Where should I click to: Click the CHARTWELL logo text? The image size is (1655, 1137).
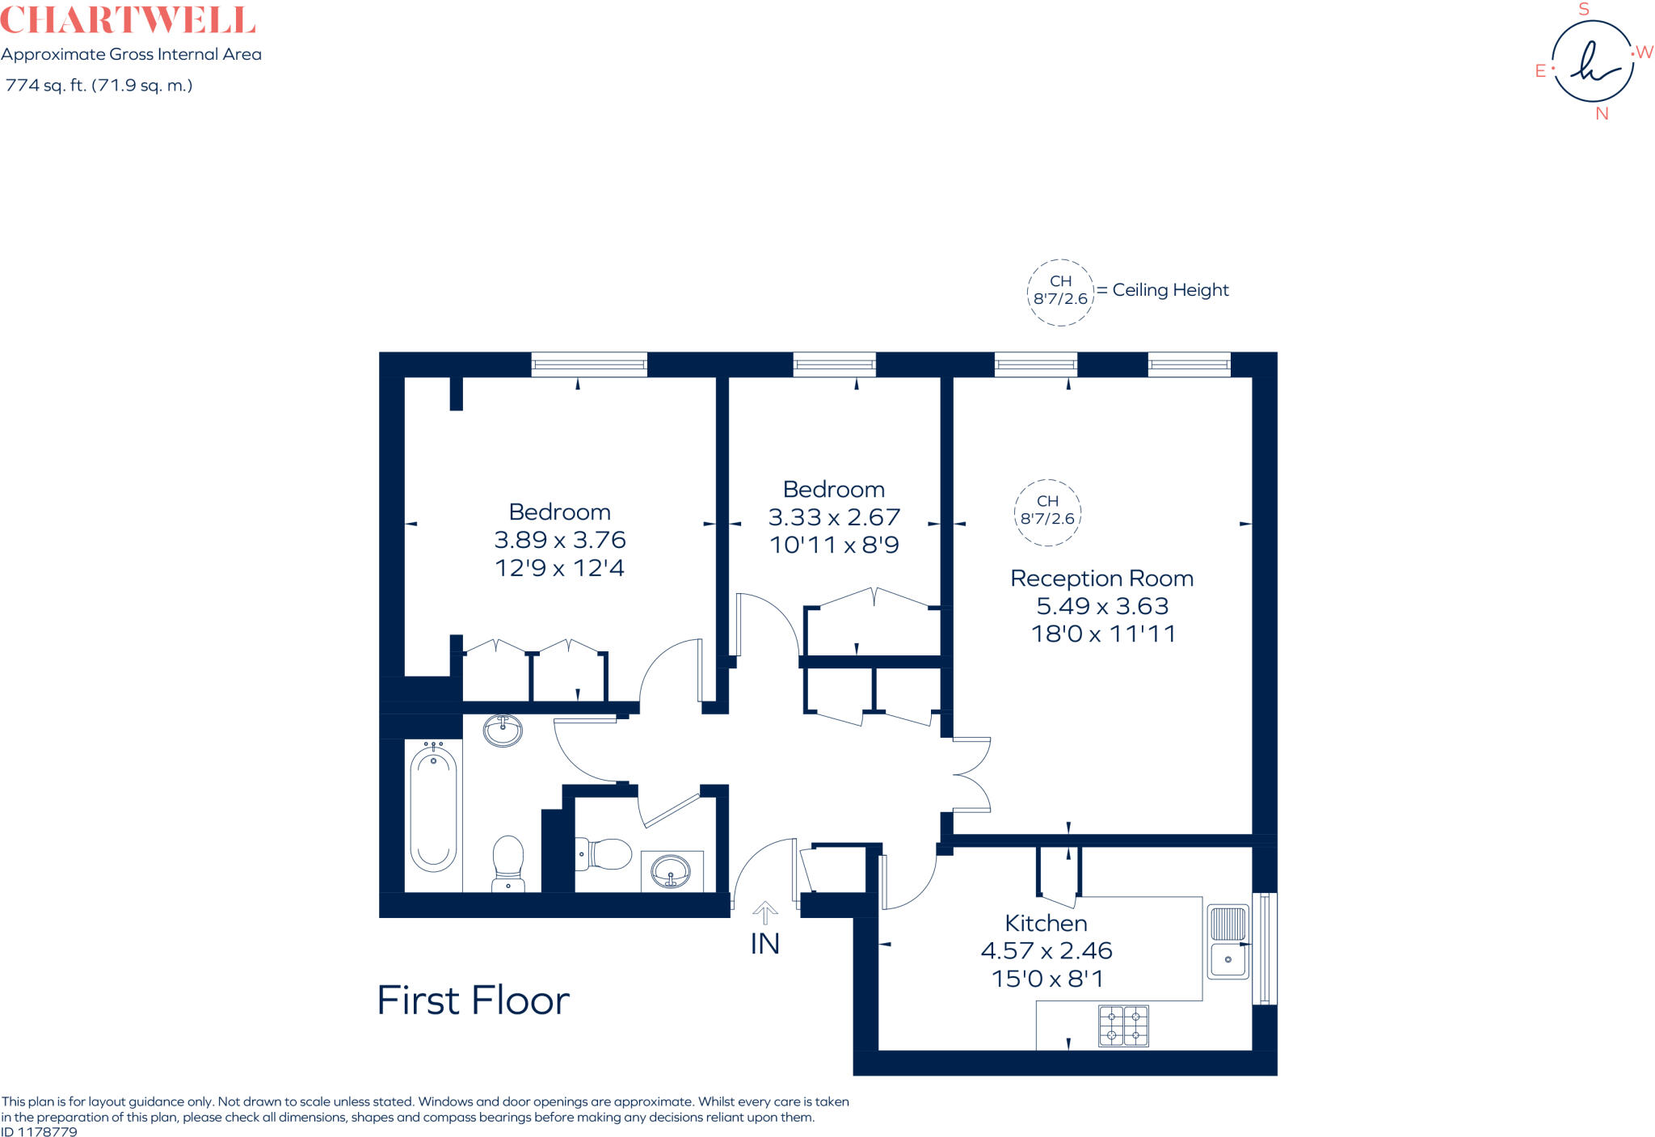(128, 19)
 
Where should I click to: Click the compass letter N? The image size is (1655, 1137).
(1602, 114)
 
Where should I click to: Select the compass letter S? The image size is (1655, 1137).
(1584, 10)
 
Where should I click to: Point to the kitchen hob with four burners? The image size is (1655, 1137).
(1123, 1026)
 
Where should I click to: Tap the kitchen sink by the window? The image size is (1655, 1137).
(1228, 941)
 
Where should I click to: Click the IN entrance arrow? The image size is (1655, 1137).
(764, 914)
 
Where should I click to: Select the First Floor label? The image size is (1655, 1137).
(473, 1000)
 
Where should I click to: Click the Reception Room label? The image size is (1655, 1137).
(1101, 579)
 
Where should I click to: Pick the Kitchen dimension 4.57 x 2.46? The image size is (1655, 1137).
(1046, 950)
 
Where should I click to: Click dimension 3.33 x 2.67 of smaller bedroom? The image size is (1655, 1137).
(834, 517)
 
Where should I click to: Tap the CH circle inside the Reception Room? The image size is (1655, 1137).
(1047, 512)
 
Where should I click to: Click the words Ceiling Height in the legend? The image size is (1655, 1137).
(1170, 290)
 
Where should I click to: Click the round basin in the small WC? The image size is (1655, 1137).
(672, 871)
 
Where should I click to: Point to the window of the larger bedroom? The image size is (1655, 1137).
(589, 364)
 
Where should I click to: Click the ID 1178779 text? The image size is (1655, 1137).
(40, 1131)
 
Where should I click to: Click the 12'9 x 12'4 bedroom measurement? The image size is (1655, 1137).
(559, 568)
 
